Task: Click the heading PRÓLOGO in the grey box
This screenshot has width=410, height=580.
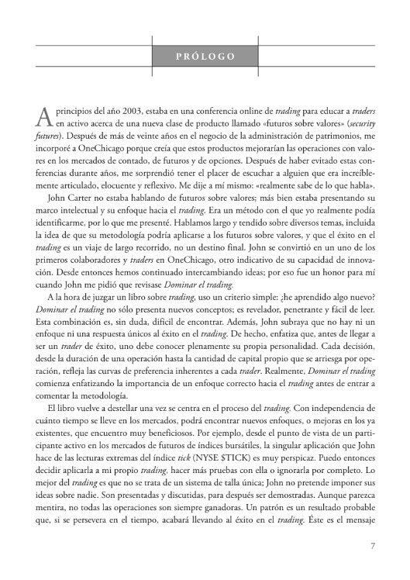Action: coord(205,56)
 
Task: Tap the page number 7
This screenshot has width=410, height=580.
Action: coord(372,544)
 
